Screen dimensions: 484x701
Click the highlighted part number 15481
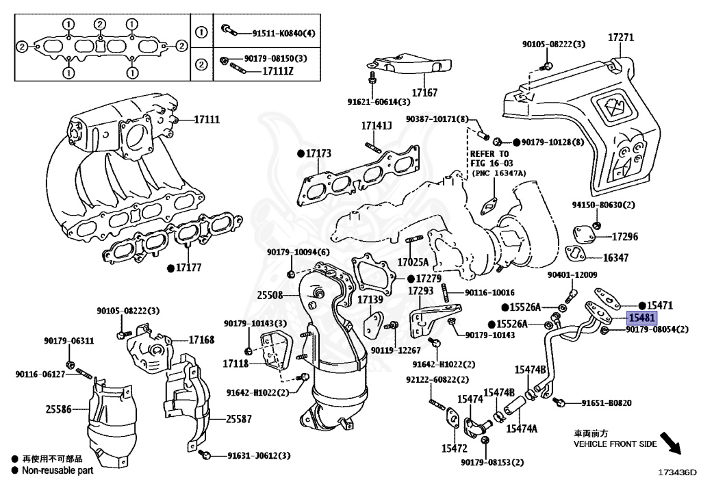point(643,318)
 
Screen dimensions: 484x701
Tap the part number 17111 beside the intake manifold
point(206,120)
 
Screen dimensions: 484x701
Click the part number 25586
point(59,409)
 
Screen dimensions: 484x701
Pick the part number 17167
point(424,92)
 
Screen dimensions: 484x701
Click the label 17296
point(624,237)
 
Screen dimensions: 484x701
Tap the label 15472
point(454,449)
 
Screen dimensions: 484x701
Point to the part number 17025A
point(413,262)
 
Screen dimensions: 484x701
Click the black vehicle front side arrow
point(672,443)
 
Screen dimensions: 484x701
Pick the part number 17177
point(189,267)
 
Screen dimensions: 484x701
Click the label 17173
point(318,153)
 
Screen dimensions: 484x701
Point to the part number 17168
point(202,340)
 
